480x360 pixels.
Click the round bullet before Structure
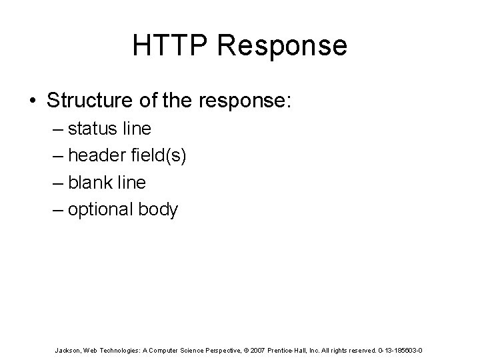coord(33,101)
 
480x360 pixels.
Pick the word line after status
coord(136,127)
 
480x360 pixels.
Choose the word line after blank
coord(131,182)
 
